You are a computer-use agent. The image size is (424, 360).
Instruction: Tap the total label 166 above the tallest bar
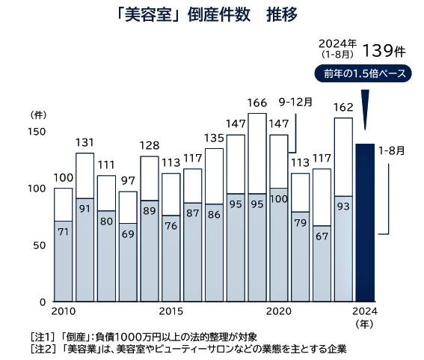pyautogui.click(x=257, y=103)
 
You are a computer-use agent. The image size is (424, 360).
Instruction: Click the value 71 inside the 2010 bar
pyautogui.click(x=64, y=232)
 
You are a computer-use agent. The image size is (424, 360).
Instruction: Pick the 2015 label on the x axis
pyautogui.click(x=171, y=311)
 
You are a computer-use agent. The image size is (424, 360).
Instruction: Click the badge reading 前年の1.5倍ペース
pyautogui.click(x=363, y=75)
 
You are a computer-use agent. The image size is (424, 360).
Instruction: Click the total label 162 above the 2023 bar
pyautogui.click(x=343, y=107)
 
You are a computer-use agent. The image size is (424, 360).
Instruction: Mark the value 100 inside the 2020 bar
pyautogui.click(x=279, y=199)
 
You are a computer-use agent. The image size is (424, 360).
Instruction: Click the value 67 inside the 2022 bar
pyautogui.click(x=322, y=237)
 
